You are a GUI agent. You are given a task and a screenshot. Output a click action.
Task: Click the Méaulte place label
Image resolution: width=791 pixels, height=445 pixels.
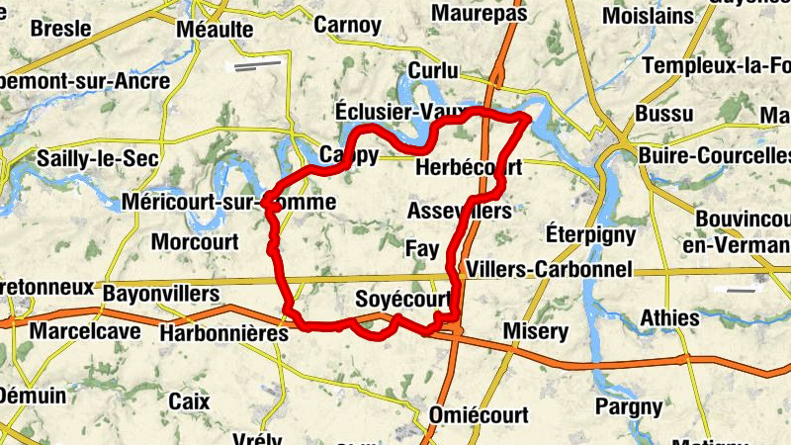[x=214, y=31]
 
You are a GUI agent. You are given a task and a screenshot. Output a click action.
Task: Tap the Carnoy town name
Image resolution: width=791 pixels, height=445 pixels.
[x=347, y=24]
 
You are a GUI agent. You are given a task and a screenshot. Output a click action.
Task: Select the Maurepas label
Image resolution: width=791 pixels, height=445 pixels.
[x=480, y=13]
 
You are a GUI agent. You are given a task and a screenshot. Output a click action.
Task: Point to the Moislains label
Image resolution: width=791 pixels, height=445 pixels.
[x=648, y=16]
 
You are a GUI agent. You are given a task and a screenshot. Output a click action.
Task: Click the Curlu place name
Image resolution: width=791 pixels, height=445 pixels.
[x=434, y=71]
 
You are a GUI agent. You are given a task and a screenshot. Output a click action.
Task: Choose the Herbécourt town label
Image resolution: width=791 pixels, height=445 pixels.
[x=469, y=168]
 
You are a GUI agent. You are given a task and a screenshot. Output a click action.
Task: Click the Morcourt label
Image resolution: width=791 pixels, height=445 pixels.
[x=195, y=241]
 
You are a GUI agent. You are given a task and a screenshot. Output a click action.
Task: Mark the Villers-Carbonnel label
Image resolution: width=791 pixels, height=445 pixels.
[x=549, y=269]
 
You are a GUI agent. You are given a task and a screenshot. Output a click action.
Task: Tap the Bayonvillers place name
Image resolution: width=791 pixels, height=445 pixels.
[x=161, y=294]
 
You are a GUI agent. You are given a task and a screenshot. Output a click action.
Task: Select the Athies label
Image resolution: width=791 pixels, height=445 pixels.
[x=669, y=318]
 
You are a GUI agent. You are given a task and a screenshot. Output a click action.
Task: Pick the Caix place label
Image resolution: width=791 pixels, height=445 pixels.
[x=189, y=400]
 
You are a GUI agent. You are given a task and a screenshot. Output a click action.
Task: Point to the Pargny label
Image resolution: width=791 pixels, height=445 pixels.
[x=629, y=405]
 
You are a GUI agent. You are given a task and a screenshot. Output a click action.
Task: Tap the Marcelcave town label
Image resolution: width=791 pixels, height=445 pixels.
[x=81, y=330]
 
